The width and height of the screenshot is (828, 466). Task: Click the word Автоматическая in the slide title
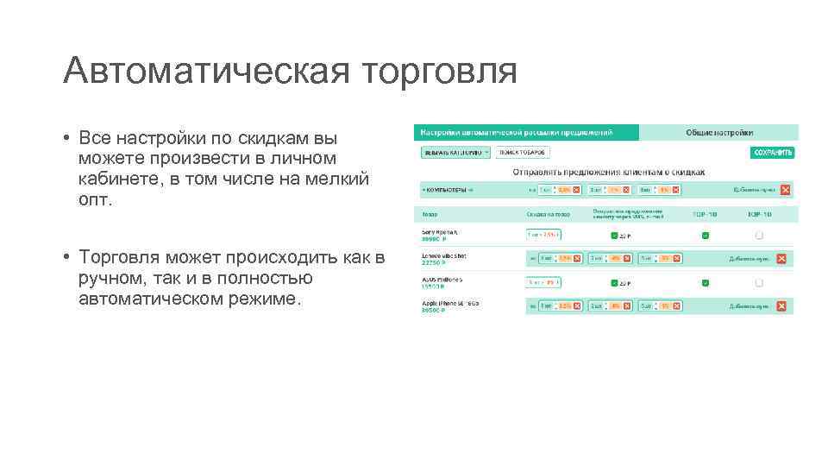206,71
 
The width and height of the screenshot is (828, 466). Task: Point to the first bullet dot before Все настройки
66,139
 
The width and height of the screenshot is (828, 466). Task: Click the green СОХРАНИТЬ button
773,153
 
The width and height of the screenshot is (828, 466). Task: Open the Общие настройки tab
718,132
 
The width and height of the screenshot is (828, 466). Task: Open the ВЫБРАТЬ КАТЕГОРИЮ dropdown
455,153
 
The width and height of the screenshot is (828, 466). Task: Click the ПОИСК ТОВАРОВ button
522,153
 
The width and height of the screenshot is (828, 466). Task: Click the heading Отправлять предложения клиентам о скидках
609,171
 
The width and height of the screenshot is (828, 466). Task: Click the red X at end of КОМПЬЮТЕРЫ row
784,190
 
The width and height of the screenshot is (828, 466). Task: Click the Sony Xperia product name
440,232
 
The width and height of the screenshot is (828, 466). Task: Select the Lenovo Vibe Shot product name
442,255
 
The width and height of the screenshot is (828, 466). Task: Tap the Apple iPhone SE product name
449,303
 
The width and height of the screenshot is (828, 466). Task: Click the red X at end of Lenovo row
781,258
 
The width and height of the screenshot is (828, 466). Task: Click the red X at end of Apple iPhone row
781,306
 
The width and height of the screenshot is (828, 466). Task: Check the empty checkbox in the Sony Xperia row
759,235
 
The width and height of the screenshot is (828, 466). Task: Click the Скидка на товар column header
547,214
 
